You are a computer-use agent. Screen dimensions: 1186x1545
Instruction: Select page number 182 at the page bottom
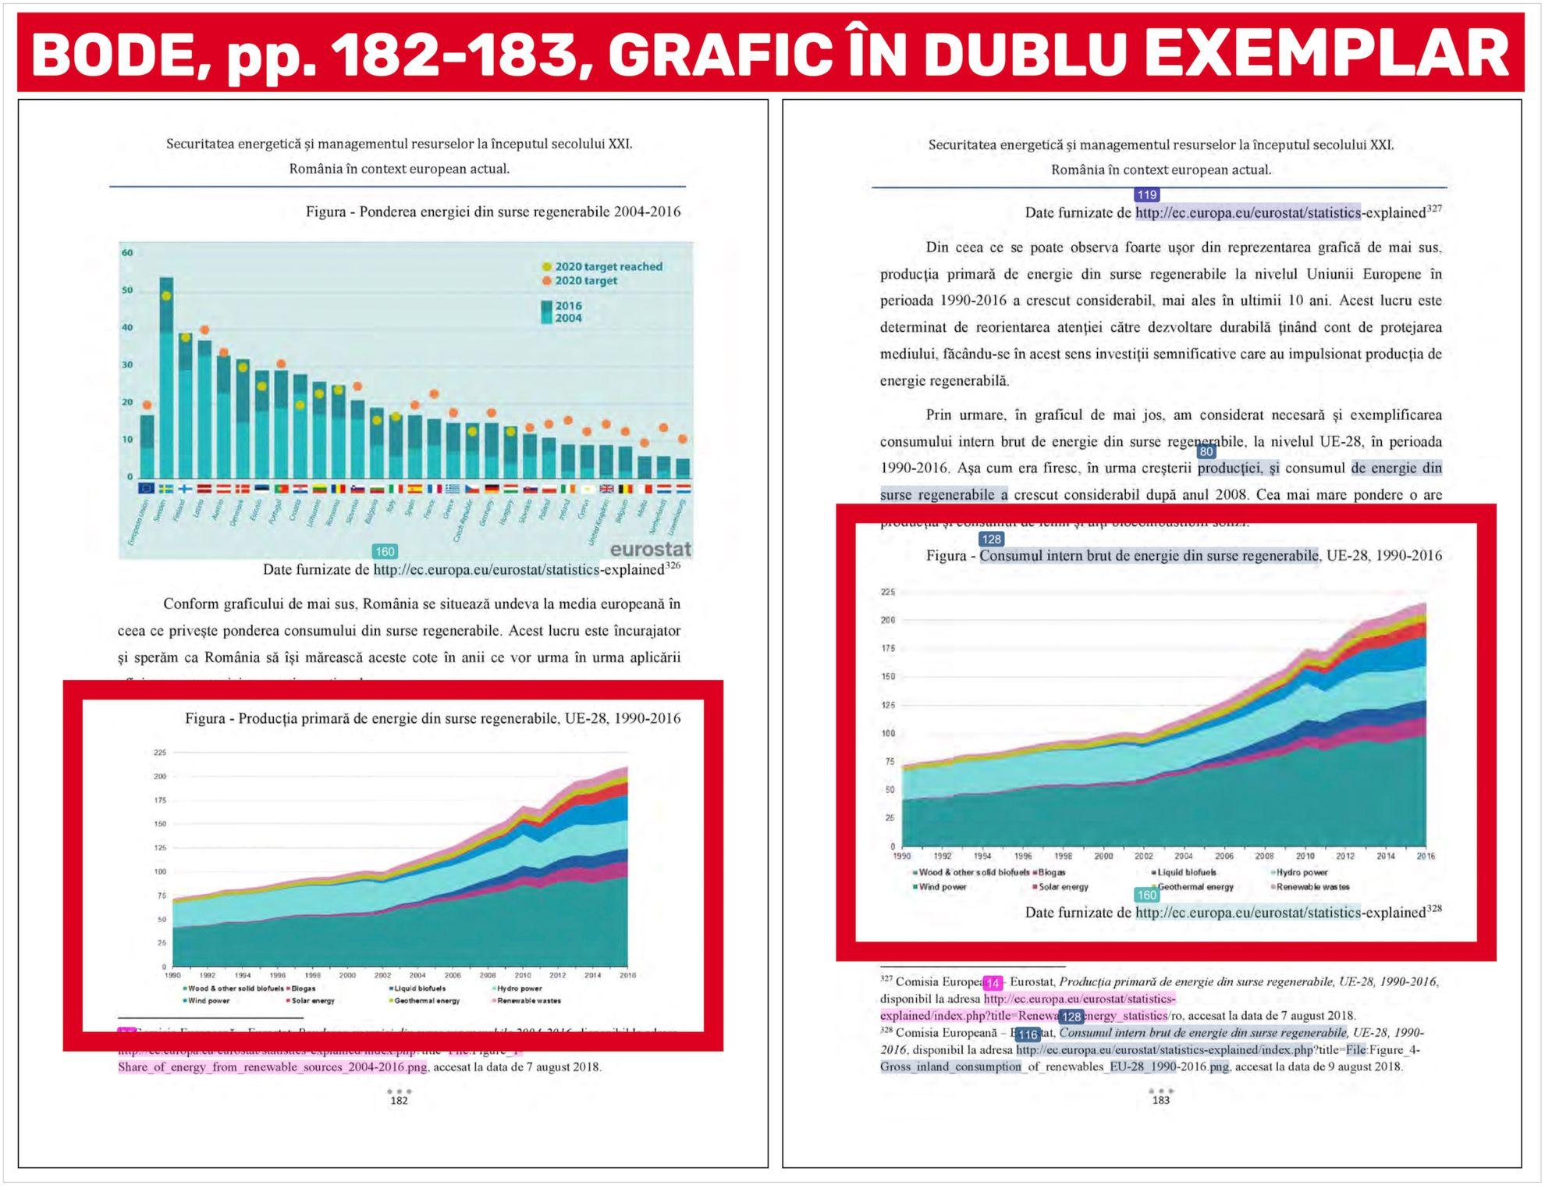tap(399, 1100)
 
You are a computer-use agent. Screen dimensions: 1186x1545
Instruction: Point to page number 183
tap(1161, 1100)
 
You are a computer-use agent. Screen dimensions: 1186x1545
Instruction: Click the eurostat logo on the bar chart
tap(650, 549)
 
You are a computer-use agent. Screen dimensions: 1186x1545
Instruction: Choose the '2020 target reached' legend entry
tap(608, 266)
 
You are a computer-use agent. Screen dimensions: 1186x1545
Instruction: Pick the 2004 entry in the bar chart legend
tap(566, 319)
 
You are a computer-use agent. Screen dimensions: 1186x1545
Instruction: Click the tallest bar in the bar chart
tap(166, 375)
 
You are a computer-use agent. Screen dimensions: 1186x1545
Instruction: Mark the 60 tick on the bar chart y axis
tap(127, 252)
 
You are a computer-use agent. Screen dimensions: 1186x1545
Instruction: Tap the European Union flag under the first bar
tap(147, 489)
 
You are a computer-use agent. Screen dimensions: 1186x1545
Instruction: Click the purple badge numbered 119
tap(1146, 194)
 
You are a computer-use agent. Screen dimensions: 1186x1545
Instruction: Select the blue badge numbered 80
tap(1206, 451)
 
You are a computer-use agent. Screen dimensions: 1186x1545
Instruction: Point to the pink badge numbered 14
tap(992, 983)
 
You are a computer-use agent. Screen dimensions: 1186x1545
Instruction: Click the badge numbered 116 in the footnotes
tap(1028, 1035)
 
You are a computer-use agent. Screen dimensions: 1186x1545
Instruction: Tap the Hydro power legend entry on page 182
tap(518, 988)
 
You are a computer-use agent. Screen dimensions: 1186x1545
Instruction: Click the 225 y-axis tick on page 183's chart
tap(888, 592)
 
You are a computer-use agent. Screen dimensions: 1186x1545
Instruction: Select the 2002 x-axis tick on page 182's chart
tap(382, 975)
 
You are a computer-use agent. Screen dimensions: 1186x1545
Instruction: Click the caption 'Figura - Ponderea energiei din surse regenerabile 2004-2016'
tap(492, 212)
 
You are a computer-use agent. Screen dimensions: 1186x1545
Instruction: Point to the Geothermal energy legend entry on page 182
tap(426, 1000)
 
